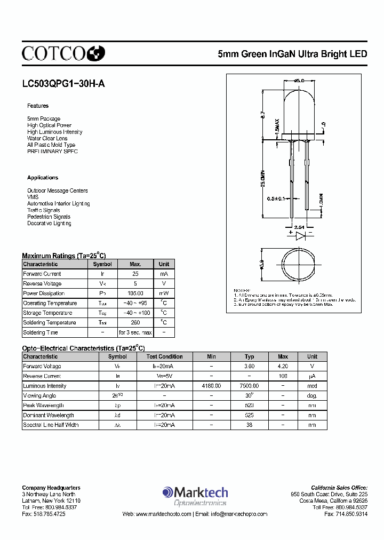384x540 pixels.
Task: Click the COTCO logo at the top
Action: click(x=63, y=52)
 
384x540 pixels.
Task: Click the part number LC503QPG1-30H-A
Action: click(x=59, y=83)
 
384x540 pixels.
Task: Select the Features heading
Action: click(x=38, y=106)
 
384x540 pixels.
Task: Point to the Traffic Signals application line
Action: click(x=44, y=210)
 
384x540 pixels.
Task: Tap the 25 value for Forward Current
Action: click(x=135, y=274)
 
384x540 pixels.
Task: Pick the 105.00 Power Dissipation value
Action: click(x=135, y=293)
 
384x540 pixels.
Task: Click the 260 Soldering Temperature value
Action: click(x=135, y=323)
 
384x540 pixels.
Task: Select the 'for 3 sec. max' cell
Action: click(x=135, y=332)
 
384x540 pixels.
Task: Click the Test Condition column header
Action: click(x=165, y=356)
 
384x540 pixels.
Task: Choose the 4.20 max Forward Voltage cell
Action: click(x=283, y=367)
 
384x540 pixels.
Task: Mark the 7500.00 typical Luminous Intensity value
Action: click(x=249, y=386)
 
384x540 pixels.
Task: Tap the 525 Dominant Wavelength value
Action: click(x=249, y=415)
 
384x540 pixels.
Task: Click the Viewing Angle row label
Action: click(x=41, y=396)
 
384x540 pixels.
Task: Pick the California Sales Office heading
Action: click(x=339, y=488)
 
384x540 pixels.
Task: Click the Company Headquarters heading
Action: click(x=51, y=488)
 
